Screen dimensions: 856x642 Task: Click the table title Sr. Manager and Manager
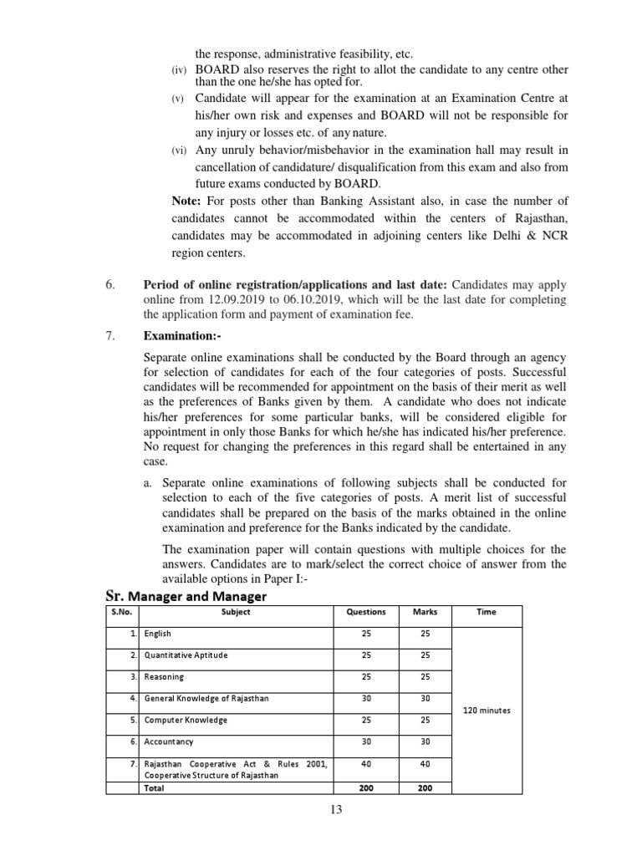pos(185,595)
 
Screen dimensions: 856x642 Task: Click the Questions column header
pos(366,612)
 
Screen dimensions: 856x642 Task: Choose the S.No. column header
pos(122,612)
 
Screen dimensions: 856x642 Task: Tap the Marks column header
pos(425,612)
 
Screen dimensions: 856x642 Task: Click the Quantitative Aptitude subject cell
pos(186,655)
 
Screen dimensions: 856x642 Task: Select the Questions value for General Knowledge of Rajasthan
pos(366,698)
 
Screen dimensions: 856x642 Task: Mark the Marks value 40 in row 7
pos(425,763)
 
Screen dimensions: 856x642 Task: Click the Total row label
pos(155,787)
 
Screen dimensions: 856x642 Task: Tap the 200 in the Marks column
pos(425,787)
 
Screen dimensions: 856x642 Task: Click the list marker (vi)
pos(179,150)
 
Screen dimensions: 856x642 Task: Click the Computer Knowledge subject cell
pos(185,720)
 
